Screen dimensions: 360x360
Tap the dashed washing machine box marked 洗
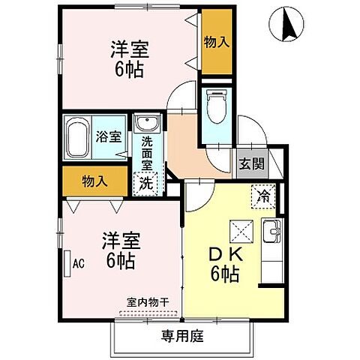tap(147, 181)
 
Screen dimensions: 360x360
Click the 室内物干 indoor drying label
tap(147, 301)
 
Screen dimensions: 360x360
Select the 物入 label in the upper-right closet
tap(217, 42)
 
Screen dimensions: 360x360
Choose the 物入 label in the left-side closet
tap(94, 181)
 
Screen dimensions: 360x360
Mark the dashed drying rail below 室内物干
tap(147, 311)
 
